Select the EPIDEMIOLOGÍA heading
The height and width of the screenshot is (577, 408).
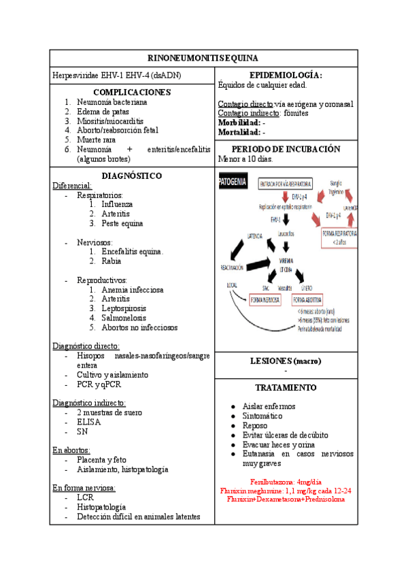[x=286, y=75]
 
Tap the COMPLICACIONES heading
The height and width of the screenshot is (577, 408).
[x=132, y=92]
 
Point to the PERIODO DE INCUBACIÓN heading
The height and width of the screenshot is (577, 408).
[x=286, y=149]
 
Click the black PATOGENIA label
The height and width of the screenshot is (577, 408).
[x=233, y=182]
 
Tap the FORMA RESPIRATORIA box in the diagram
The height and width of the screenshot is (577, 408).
[x=339, y=236]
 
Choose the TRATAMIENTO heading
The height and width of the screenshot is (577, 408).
[x=286, y=387]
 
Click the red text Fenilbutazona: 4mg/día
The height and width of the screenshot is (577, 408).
[x=286, y=480]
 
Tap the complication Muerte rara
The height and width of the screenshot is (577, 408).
[x=99, y=139]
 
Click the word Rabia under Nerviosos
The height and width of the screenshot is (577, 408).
[x=112, y=261]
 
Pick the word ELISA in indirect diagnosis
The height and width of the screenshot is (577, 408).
[x=89, y=421]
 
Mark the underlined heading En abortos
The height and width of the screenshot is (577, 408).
[x=71, y=450]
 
